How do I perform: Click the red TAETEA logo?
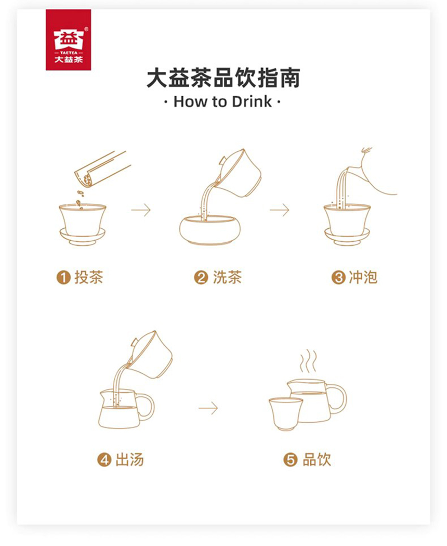coord(68,40)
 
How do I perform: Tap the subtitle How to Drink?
coord(222,101)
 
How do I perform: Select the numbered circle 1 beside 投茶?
coord(63,278)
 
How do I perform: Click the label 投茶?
coord(89,277)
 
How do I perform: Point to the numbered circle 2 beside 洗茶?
coord(201,278)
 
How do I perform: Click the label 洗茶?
coord(227,277)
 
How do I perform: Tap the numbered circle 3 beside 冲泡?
coord(338,278)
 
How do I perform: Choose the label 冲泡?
coord(363,277)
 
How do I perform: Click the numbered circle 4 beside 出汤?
coord(104,460)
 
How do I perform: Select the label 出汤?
coord(130,459)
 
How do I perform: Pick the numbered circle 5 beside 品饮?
coord(290,460)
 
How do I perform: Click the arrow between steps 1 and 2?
coord(141,210)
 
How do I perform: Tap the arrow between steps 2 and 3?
coord(279,210)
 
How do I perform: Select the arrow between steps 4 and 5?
coord(208,408)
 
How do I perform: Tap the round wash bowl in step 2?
coord(210,230)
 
